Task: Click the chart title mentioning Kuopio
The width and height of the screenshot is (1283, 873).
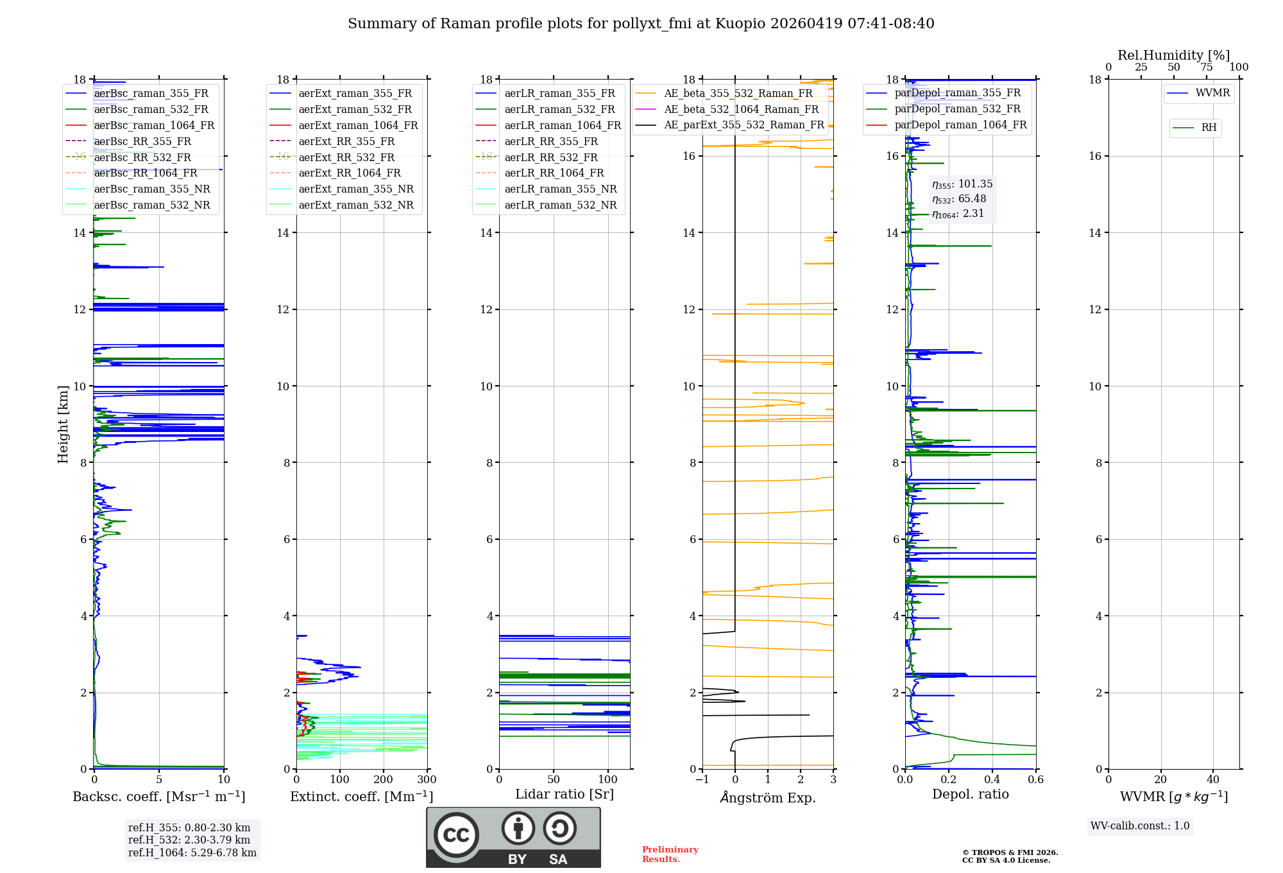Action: point(641,24)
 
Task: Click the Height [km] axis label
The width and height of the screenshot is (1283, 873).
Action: point(63,424)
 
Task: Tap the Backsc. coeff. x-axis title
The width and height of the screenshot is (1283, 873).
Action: point(158,797)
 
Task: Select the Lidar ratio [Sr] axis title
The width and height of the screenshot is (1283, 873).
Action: point(565,794)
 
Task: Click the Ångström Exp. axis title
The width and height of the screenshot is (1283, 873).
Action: point(768,798)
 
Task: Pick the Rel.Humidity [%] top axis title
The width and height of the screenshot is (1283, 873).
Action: point(1173,55)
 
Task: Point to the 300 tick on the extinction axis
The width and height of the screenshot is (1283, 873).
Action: point(427,780)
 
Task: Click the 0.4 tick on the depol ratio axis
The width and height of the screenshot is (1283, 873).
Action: point(992,780)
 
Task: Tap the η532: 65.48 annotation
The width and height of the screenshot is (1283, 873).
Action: point(959,199)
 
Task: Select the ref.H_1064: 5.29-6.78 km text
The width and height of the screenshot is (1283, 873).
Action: point(192,852)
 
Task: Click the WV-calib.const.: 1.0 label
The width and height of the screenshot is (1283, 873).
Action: point(1140,826)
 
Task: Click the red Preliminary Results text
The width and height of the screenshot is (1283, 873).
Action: point(670,854)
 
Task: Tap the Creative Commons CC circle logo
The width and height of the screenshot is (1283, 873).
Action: point(456,834)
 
